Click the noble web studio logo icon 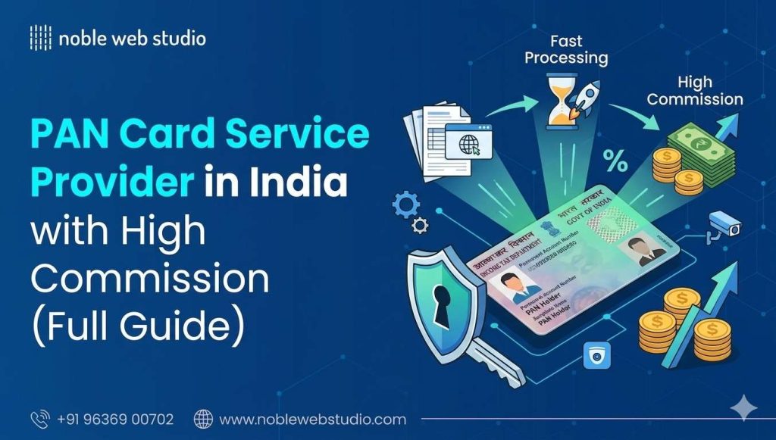pos(40,37)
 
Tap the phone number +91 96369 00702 pos(115,419)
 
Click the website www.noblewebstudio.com pos(312,419)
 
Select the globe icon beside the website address pos(203,419)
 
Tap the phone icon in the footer pos(39,419)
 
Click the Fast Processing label pos(566,49)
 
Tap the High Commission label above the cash pos(694,91)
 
